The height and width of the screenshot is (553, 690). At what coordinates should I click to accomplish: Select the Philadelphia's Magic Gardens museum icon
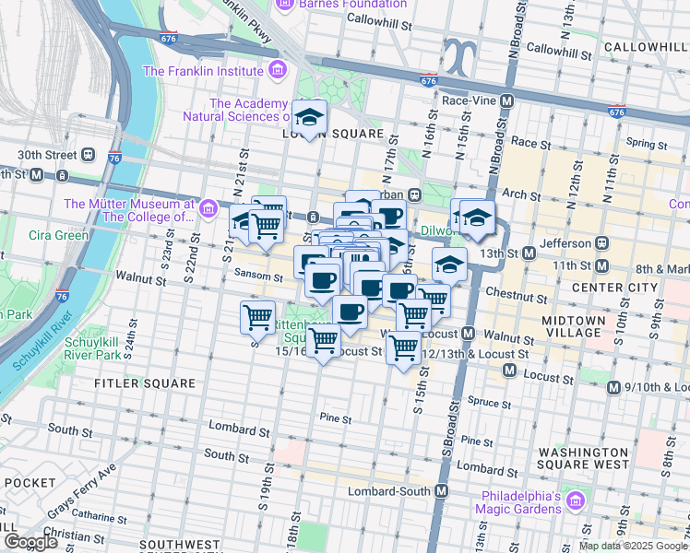(x=576, y=501)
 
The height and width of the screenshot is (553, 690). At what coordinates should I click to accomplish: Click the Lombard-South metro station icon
(x=442, y=491)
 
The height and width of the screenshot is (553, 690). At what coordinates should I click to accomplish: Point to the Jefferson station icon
(x=602, y=243)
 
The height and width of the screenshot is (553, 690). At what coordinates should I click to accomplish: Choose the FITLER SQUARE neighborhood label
(x=145, y=382)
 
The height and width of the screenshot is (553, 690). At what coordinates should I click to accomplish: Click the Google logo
(x=30, y=542)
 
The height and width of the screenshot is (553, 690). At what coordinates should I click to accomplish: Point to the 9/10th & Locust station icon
(x=613, y=388)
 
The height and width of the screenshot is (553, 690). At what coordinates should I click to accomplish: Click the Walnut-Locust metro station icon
(x=468, y=334)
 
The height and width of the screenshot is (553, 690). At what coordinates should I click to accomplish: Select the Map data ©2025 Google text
(x=631, y=546)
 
